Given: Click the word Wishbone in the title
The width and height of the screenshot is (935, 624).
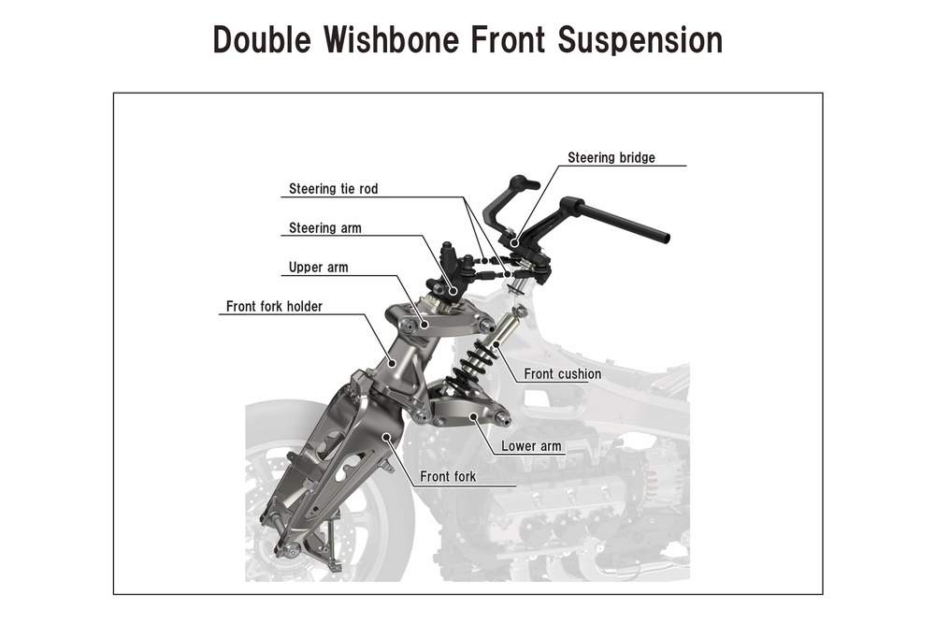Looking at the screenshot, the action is click(393, 40).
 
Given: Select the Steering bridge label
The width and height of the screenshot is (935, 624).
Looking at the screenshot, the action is click(611, 157).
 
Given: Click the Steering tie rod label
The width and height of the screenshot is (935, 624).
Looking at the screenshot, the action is click(334, 189).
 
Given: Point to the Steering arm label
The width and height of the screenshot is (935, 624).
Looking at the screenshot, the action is click(325, 228).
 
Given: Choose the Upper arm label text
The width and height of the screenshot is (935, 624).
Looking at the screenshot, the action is click(319, 268).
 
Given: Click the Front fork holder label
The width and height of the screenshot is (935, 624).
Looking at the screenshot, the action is click(274, 307).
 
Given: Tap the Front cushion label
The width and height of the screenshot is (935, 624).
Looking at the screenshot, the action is click(562, 374).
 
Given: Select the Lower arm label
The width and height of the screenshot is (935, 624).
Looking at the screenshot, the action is click(531, 445).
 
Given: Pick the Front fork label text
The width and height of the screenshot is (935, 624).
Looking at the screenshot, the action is click(448, 476).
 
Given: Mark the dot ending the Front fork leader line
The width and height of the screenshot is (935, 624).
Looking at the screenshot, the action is click(386, 436).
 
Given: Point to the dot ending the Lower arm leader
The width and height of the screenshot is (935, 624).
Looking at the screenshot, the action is click(474, 415).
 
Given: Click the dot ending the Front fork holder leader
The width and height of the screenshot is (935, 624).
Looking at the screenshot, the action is click(392, 361).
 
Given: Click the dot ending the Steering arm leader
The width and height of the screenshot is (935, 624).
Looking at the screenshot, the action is click(454, 291).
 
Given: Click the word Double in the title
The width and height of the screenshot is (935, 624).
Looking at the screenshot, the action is click(262, 40).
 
